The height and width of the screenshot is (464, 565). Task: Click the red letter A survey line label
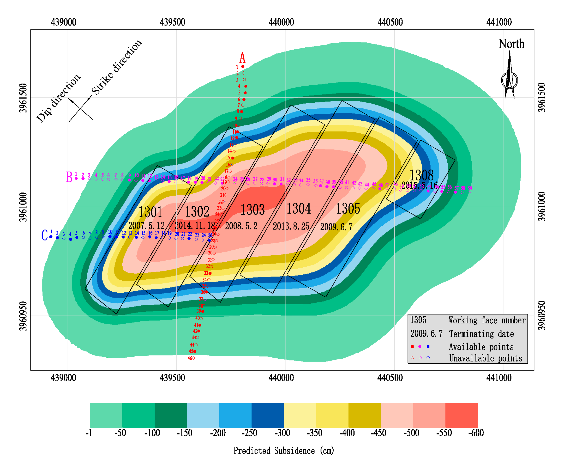[242, 57]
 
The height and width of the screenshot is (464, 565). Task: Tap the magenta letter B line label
[69, 177]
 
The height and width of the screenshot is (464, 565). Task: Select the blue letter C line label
[44, 235]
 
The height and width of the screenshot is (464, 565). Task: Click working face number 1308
[421, 175]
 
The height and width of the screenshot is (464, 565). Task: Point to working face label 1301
[150, 212]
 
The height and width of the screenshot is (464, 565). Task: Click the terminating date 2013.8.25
[291, 226]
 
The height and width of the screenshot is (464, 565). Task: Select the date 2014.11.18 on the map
[195, 225]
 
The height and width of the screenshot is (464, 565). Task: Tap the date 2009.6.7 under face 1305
[336, 227]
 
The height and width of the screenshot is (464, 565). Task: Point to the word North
[511, 44]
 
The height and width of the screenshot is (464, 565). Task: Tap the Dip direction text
[58, 98]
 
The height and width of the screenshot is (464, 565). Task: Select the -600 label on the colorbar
[476, 433]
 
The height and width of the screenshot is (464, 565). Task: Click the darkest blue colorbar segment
[267, 415]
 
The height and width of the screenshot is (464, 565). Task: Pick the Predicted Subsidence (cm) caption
[284, 451]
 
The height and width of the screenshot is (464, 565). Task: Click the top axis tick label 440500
[390, 22]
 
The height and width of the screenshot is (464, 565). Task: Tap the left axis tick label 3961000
[24, 207]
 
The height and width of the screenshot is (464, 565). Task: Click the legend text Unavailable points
[485, 358]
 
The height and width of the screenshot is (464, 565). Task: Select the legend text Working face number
[487, 320]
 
